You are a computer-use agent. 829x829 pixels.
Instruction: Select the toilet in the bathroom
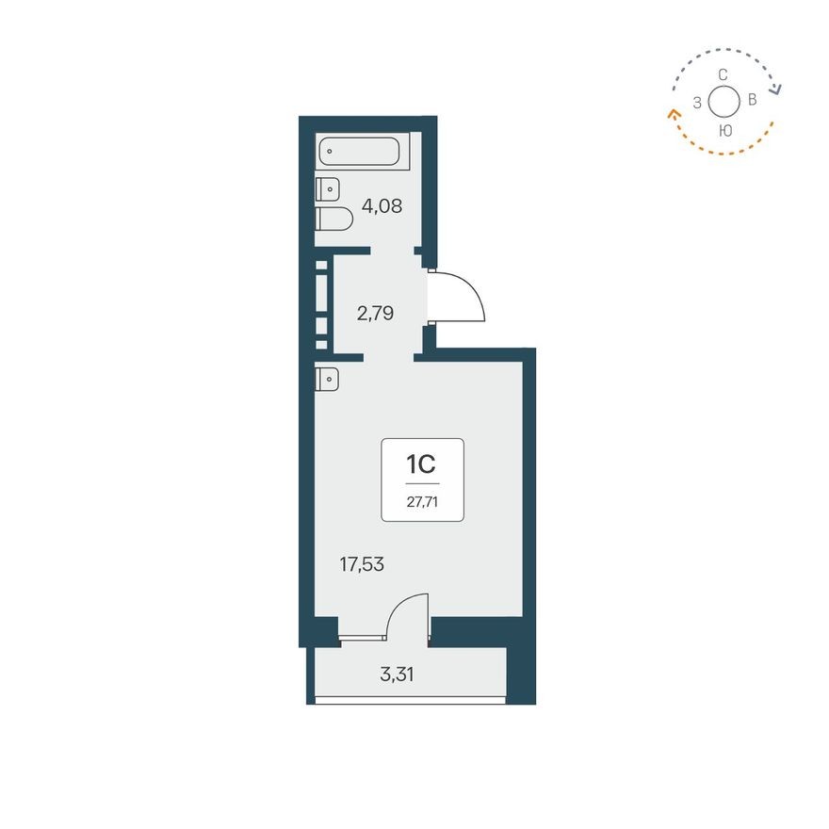click(x=333, y=219)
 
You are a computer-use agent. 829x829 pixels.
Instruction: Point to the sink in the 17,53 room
click(x=327, y=378)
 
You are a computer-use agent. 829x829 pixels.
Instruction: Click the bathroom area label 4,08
click(x=382, y=204)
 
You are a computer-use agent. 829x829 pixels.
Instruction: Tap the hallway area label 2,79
click(x=374, y=313)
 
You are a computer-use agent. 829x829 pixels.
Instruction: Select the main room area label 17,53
click(x=362, y=564)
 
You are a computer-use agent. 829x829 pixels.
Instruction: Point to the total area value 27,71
click(x=422, y=501)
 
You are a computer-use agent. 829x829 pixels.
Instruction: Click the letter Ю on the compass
click(x=723, y=130)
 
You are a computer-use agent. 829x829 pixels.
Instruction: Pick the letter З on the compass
click(x=696, y=103)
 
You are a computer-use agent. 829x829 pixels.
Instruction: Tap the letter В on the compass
click(x=751, y=99)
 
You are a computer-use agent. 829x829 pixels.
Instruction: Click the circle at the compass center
click(x=723, y=101)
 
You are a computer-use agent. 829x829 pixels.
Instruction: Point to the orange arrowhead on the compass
click(x=674, y=114)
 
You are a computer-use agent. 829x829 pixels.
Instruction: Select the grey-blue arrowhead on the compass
click(x=776, y=89)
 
